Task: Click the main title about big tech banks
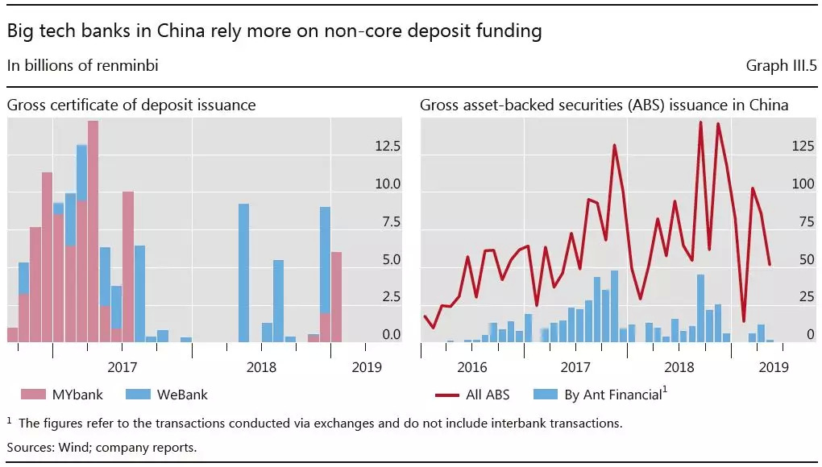coord(274,32)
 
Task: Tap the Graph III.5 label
coord(780,66)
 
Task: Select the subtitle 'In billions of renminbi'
coord(83,66)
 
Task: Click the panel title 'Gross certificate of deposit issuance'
coord(131,105)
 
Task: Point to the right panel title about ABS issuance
coord(604,105)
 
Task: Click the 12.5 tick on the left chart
coord(387,147)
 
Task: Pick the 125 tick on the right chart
coord(802,147)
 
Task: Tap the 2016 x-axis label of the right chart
coord(472,367)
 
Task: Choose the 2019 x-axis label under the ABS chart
coord(774,367)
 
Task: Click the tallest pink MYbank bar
coord(93,233)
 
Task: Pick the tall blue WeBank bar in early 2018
coord(243,274)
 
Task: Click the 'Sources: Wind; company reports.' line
coord(102,447)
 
